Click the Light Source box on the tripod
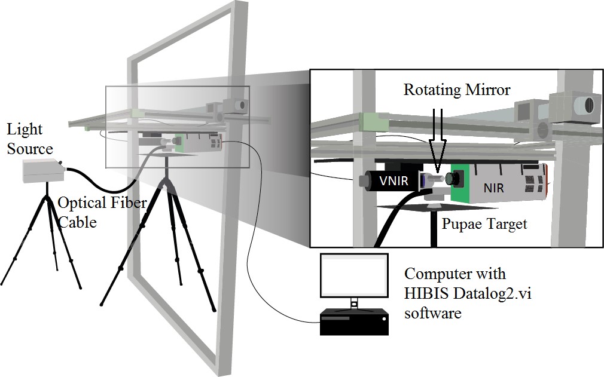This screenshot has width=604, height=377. pos(42,170)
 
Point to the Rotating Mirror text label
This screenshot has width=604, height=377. pos(457,90)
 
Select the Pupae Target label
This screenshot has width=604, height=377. pos(484,224)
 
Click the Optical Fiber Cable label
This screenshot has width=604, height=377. pos(101,212)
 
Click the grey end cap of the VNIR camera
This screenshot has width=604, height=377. pos(365,181)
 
